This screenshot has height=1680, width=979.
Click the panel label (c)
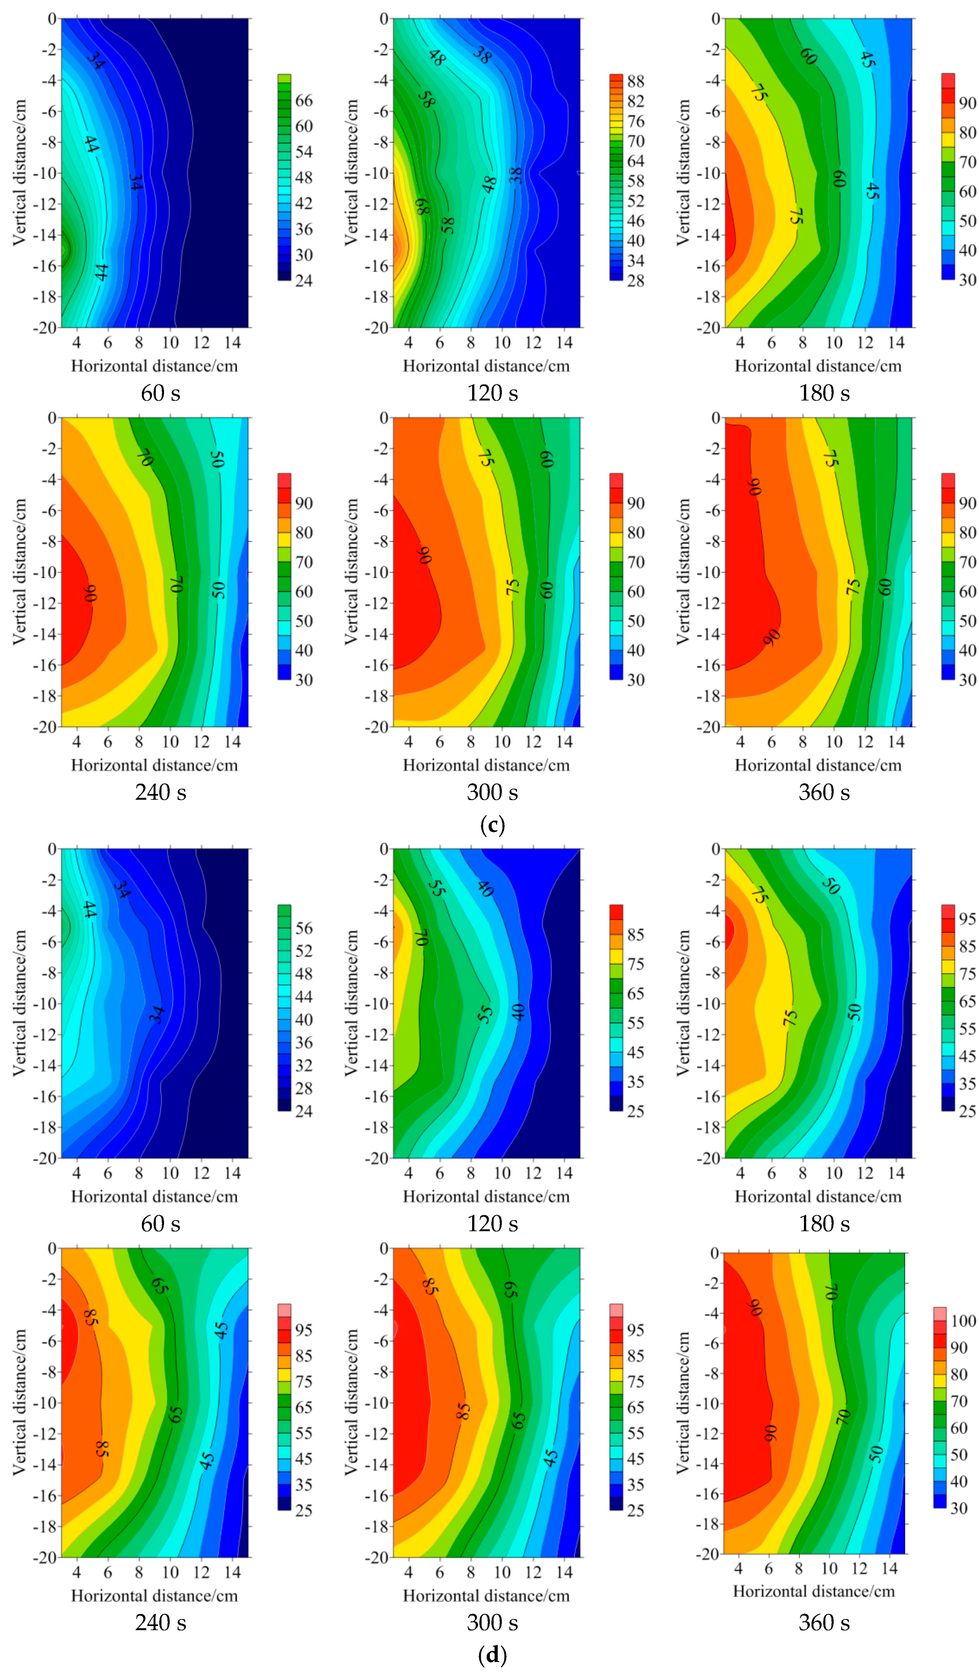492,825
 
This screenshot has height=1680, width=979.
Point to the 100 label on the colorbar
963,1321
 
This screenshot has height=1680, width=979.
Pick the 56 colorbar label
303,928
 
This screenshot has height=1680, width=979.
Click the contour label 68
422,206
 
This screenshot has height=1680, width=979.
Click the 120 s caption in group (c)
492,393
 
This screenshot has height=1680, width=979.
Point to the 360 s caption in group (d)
824,1623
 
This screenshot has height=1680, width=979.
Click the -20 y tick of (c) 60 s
45,327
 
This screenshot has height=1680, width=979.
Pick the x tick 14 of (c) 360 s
896,741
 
